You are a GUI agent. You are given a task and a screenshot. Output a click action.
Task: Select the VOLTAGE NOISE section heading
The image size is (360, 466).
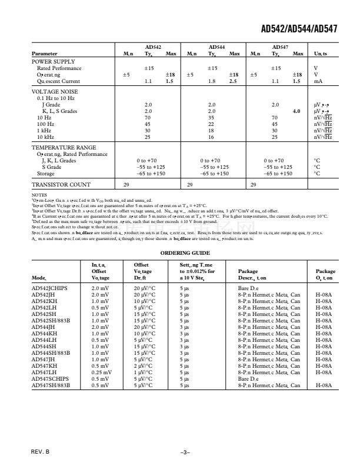click(x=54, y=92)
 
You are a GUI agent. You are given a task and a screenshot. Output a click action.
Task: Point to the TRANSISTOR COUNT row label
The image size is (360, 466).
click(x=61, y=185)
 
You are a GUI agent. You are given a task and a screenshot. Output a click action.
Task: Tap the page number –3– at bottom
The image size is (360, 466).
click(x=185, y=451)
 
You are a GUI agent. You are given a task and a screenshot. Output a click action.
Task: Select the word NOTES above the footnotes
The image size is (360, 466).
click(x=38, y=194)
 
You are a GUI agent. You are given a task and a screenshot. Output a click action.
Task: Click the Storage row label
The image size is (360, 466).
click(x=46, y=174)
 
